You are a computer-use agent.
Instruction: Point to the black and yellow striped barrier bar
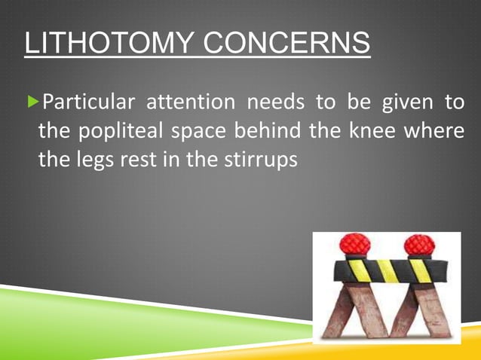(x=384, y=269)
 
